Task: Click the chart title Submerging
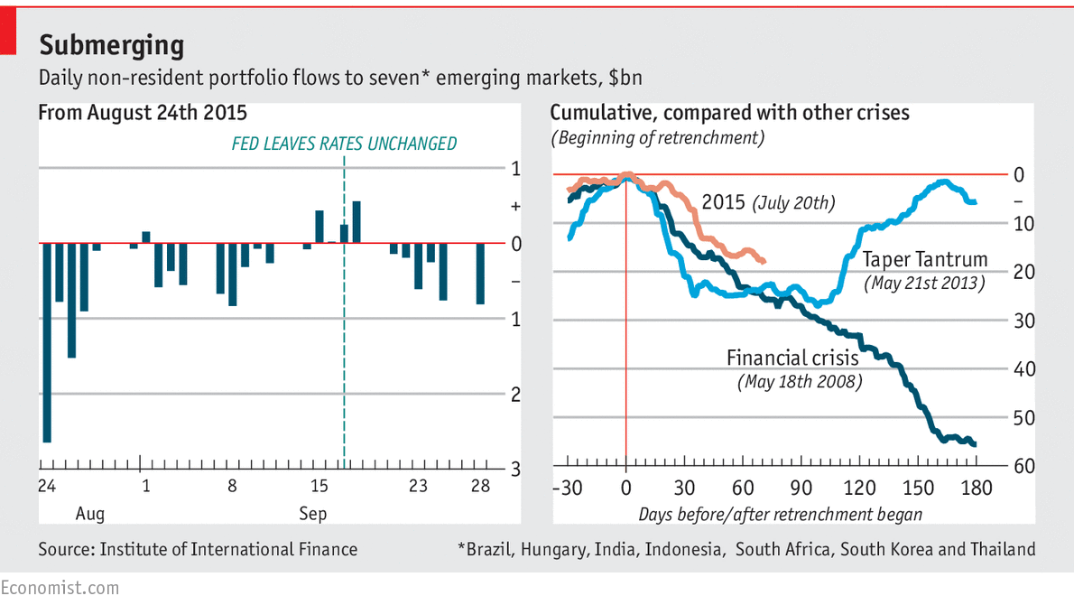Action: [x=111, y=45]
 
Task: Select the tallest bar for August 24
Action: [x=46, y=342]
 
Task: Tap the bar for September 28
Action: [x=480, y=274]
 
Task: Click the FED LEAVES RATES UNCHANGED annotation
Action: [x=344, y=144]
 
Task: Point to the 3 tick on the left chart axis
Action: [x=515, y=469]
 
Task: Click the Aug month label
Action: [x=89, y=514]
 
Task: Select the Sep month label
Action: [x=313, y=514]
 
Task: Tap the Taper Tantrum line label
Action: [x=925, y=260]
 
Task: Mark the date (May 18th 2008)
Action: [x=801, y=382]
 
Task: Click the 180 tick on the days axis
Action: [x=977, y=489]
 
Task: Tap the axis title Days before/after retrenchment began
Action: [x=780, y=514]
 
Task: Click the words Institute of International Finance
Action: [x=228, y=549]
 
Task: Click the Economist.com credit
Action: [x=60, y=588]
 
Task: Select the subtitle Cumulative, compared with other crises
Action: [x=729, y=113]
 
